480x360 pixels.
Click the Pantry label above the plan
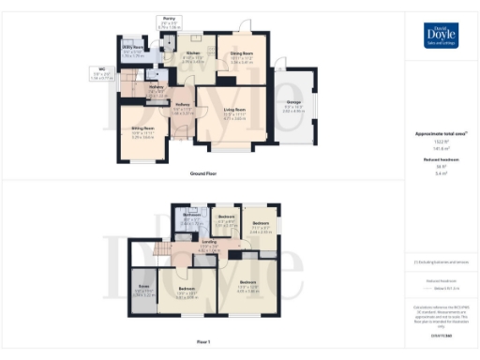click(x=169, y=19)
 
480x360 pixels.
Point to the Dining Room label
click(x=239, y=53)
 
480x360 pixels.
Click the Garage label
click(x=292, y=104)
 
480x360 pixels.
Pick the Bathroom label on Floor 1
click(x=193, y=215)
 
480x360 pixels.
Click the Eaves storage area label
click(x=144, y=286)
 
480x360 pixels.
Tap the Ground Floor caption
click(x=202, y=174)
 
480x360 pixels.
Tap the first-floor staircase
click(x=167, y=248)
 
